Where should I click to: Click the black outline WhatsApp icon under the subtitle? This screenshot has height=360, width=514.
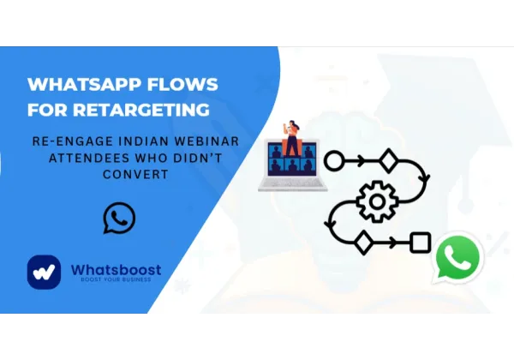(x=118, y=218)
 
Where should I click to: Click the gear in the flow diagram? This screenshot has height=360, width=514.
(x=374, y=202)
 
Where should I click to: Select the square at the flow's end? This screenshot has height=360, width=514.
(x=419, y=243)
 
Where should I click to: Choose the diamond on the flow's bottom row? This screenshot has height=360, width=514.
(x=362, y=243)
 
